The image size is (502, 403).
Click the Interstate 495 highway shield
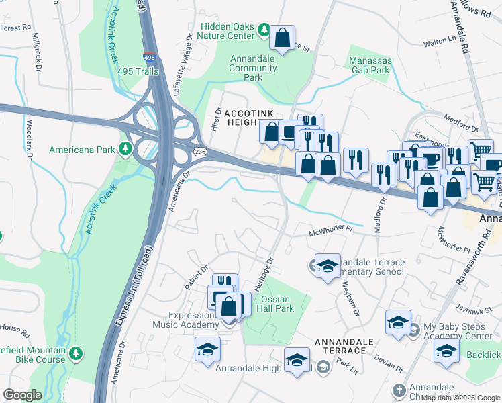pos(150,58)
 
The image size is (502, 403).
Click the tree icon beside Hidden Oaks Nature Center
pos(264,30)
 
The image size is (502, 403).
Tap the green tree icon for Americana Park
pos(125,148)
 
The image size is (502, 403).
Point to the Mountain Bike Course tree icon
pos(76,352)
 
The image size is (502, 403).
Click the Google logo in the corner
pos(22,395)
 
